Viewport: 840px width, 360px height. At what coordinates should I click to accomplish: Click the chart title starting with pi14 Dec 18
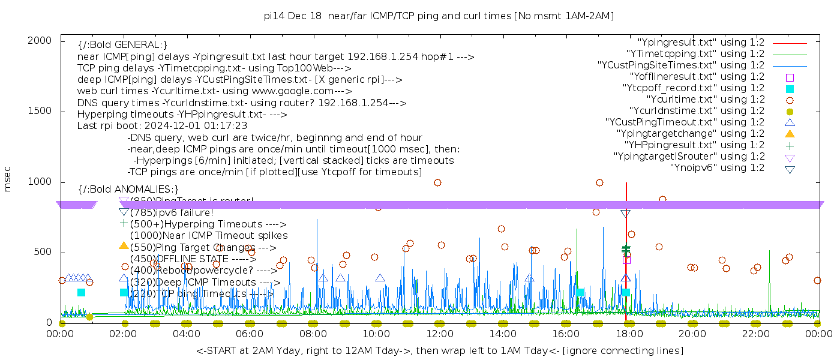tap(439, 16)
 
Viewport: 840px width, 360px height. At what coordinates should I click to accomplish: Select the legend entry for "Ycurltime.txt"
tap(705, 100)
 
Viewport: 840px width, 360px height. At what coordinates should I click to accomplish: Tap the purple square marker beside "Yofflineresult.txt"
tap(790, 77)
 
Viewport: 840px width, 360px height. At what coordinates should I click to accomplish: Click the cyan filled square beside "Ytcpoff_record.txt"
tap(790, 88)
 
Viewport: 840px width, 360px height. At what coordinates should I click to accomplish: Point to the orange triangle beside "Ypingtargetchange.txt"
tap(790, 133)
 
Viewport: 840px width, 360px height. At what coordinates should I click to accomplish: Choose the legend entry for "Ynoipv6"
tap(717, 168)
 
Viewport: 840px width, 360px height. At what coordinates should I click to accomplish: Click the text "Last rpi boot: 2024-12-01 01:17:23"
tap(162, 126)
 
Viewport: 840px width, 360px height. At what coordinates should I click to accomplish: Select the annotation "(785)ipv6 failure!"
tap(172, 212)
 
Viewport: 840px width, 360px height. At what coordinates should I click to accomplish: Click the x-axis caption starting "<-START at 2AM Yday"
tap(439, 350)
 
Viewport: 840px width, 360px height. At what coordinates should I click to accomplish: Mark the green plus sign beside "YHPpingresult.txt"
tap(790, 145)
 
